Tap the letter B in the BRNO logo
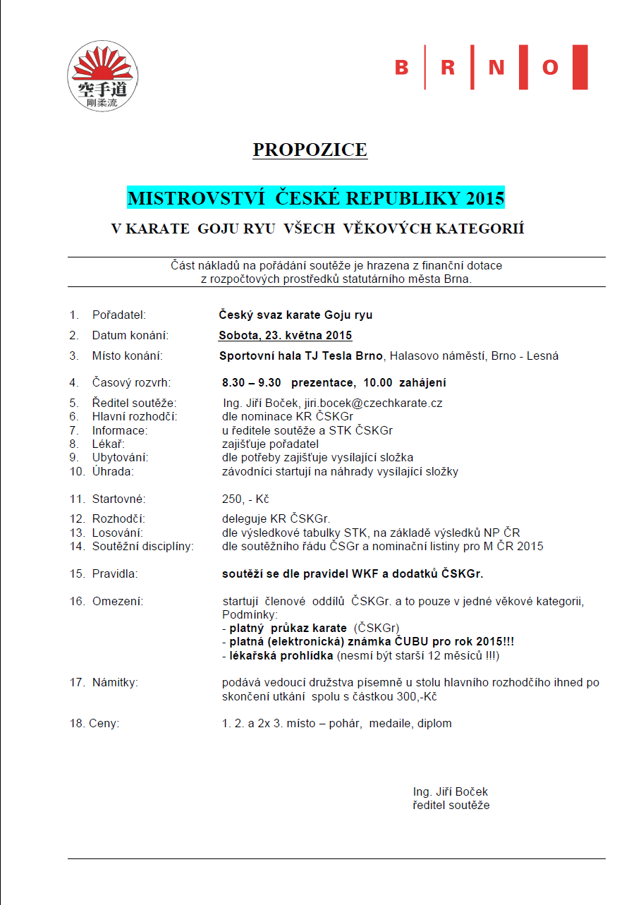402,68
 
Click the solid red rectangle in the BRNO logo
580,68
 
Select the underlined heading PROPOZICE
310,150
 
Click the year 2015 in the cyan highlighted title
485,198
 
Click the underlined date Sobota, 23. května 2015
286,335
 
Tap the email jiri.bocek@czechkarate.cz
373,403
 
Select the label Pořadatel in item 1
118,315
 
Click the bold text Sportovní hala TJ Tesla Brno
301,356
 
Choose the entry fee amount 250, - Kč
245,499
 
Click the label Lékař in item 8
108,444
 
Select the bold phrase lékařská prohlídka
281,656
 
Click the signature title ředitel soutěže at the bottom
451,805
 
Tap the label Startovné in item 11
118,499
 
